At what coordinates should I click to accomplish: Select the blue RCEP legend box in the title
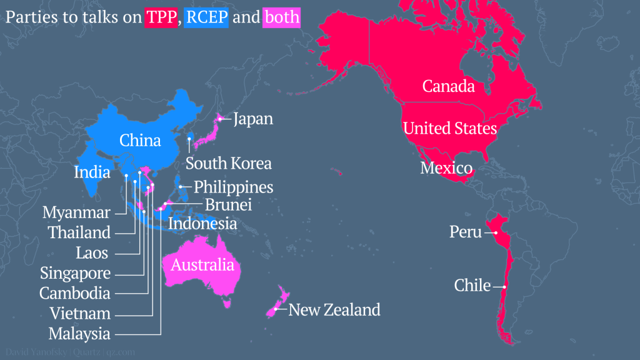207,17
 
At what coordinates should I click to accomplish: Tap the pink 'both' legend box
282,17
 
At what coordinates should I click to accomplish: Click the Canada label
449,86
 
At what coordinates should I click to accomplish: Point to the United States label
450,129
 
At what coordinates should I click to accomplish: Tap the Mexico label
446,167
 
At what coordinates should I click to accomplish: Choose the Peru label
466,232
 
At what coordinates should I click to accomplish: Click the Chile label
472,286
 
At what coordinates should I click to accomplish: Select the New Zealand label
334,309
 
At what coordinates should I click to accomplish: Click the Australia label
202,265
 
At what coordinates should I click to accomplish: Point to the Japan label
253,119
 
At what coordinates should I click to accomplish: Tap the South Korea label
229,164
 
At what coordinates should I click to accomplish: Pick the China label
140,140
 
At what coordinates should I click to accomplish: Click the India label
92,172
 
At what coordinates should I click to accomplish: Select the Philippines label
234,187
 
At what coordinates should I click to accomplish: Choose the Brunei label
228,204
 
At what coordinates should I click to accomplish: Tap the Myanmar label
76,212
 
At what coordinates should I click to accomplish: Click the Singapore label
76,273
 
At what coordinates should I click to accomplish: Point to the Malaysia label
79,334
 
